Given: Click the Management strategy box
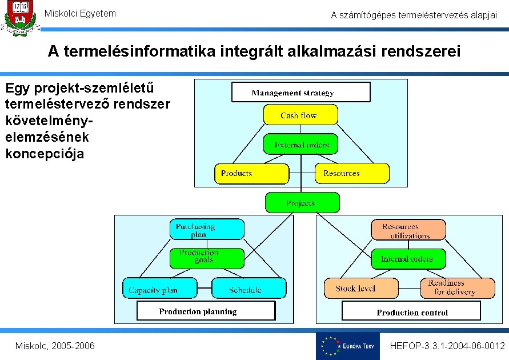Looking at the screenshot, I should click(300, 92).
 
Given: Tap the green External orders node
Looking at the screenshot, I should click(300, 144).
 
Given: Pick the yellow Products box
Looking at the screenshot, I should click(251, 173).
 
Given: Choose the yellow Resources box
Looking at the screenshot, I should click(352, 173).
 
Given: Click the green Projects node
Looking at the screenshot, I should click(302, 203).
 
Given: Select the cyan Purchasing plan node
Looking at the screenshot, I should click(207, 230).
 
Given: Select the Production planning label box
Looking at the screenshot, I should click(206, 311).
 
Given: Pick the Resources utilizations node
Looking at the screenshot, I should click(408, 230).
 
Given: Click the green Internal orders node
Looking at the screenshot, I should click(408, 258).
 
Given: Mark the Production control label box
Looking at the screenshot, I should click(411, 311).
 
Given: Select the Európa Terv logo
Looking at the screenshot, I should click(347, 346).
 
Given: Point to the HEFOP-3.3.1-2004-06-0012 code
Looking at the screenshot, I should click(447, 346).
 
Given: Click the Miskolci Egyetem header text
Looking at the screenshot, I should click(80, 13).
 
